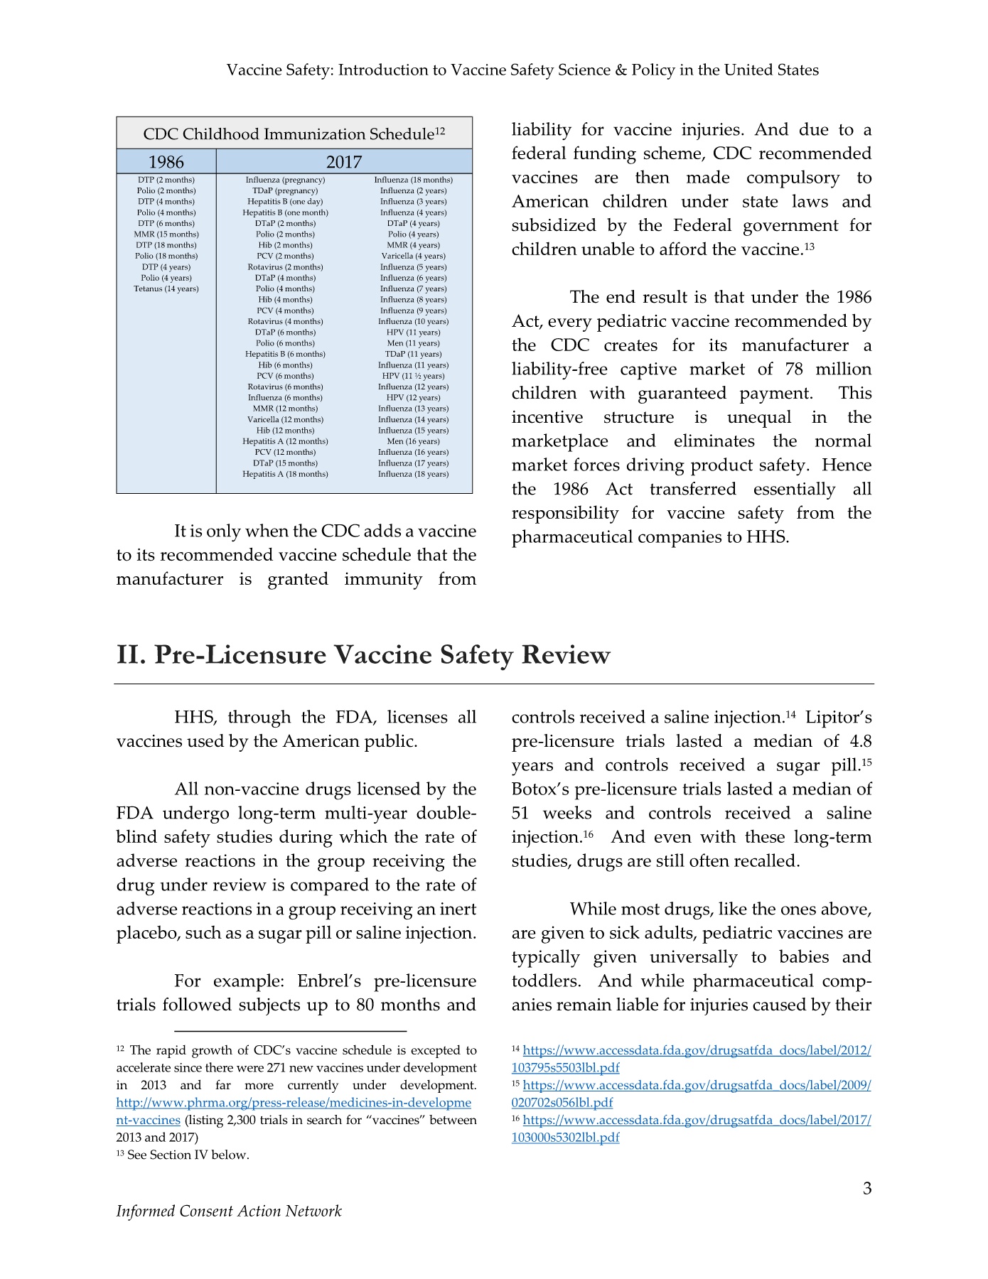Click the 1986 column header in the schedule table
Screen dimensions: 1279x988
coord(166,162)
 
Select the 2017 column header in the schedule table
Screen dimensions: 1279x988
coord(344,162)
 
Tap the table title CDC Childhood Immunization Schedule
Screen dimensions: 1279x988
coord(294,134)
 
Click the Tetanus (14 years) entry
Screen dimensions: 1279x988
coord(166,288)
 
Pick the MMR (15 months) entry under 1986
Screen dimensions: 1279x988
coord(166,234)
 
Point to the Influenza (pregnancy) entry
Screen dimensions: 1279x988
coord(285,180)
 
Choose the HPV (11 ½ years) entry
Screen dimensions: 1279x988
coord(413,376)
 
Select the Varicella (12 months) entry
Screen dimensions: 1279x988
coord(285,419)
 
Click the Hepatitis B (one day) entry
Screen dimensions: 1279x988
coord(285,202)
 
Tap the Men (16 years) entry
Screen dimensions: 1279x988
coord(413,441)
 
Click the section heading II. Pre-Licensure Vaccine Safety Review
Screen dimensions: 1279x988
coord(363,654)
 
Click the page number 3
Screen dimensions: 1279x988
coord(866,1189)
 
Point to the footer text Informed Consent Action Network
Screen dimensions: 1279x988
coord(229,1211)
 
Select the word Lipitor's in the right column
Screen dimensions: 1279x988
coord(838,718)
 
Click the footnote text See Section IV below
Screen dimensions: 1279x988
coord(188,1155)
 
